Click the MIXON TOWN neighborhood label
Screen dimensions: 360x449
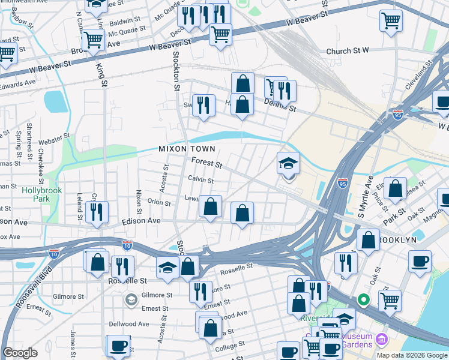coord(186,148)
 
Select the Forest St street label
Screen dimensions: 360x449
coord(206,163)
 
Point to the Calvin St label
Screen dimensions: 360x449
coord(200,179)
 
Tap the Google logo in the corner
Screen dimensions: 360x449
coord(20,352)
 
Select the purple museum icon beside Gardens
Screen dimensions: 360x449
coord(381,341)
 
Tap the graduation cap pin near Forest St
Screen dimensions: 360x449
coord(288,164)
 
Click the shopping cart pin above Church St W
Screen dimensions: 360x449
coord(391,21)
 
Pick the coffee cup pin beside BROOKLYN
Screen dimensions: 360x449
coord(420,261)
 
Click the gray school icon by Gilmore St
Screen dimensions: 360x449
coord(131,299)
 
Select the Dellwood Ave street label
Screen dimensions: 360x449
coord(129,323)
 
